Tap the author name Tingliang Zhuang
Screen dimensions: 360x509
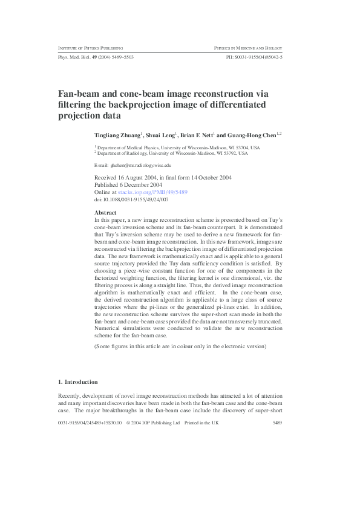[117, 135]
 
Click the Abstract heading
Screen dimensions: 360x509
[106, 212]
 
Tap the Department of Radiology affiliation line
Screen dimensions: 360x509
[173, 154]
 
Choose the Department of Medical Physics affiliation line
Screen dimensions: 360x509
[179, 148]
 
